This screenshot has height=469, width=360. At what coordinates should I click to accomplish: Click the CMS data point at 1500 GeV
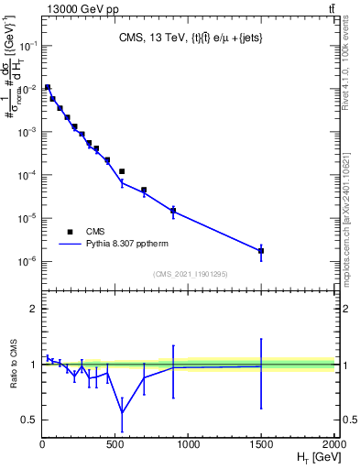[261, 250]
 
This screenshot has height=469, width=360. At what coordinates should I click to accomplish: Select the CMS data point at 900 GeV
[173, 211]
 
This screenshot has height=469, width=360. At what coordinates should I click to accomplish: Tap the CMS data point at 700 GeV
[144, 191]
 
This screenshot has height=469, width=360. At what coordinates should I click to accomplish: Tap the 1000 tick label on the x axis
[188, 443]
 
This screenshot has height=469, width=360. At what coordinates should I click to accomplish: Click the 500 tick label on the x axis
[115, 443]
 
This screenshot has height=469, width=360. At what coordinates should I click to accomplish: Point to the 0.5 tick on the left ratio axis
[30, 420]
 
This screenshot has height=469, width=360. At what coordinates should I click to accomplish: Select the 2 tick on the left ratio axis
[35, 309]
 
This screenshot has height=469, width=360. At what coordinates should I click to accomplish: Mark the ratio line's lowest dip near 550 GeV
[122, 411]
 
